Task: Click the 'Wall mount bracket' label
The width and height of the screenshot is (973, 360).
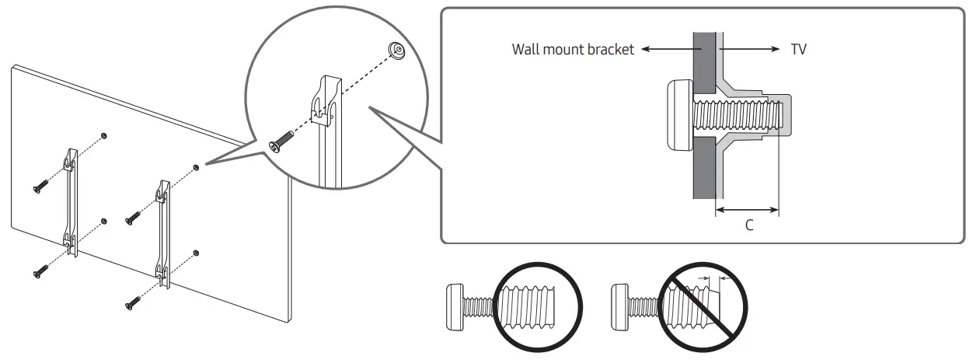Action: click(573, 49)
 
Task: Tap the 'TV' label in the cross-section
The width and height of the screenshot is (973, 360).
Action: click(798, 49)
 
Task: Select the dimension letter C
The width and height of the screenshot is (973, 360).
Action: click(749, 225)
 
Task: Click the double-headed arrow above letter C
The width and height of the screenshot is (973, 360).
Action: click(746, 208)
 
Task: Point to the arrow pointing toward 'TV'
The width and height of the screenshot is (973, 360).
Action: click(750, 49)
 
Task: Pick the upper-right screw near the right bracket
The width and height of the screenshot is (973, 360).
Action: click(133, 219)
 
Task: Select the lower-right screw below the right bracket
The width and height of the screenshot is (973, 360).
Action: click(133, 302)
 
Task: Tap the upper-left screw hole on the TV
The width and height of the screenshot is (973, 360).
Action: click(105, 135)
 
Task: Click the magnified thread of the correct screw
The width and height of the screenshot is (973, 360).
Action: click(536, 302)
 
